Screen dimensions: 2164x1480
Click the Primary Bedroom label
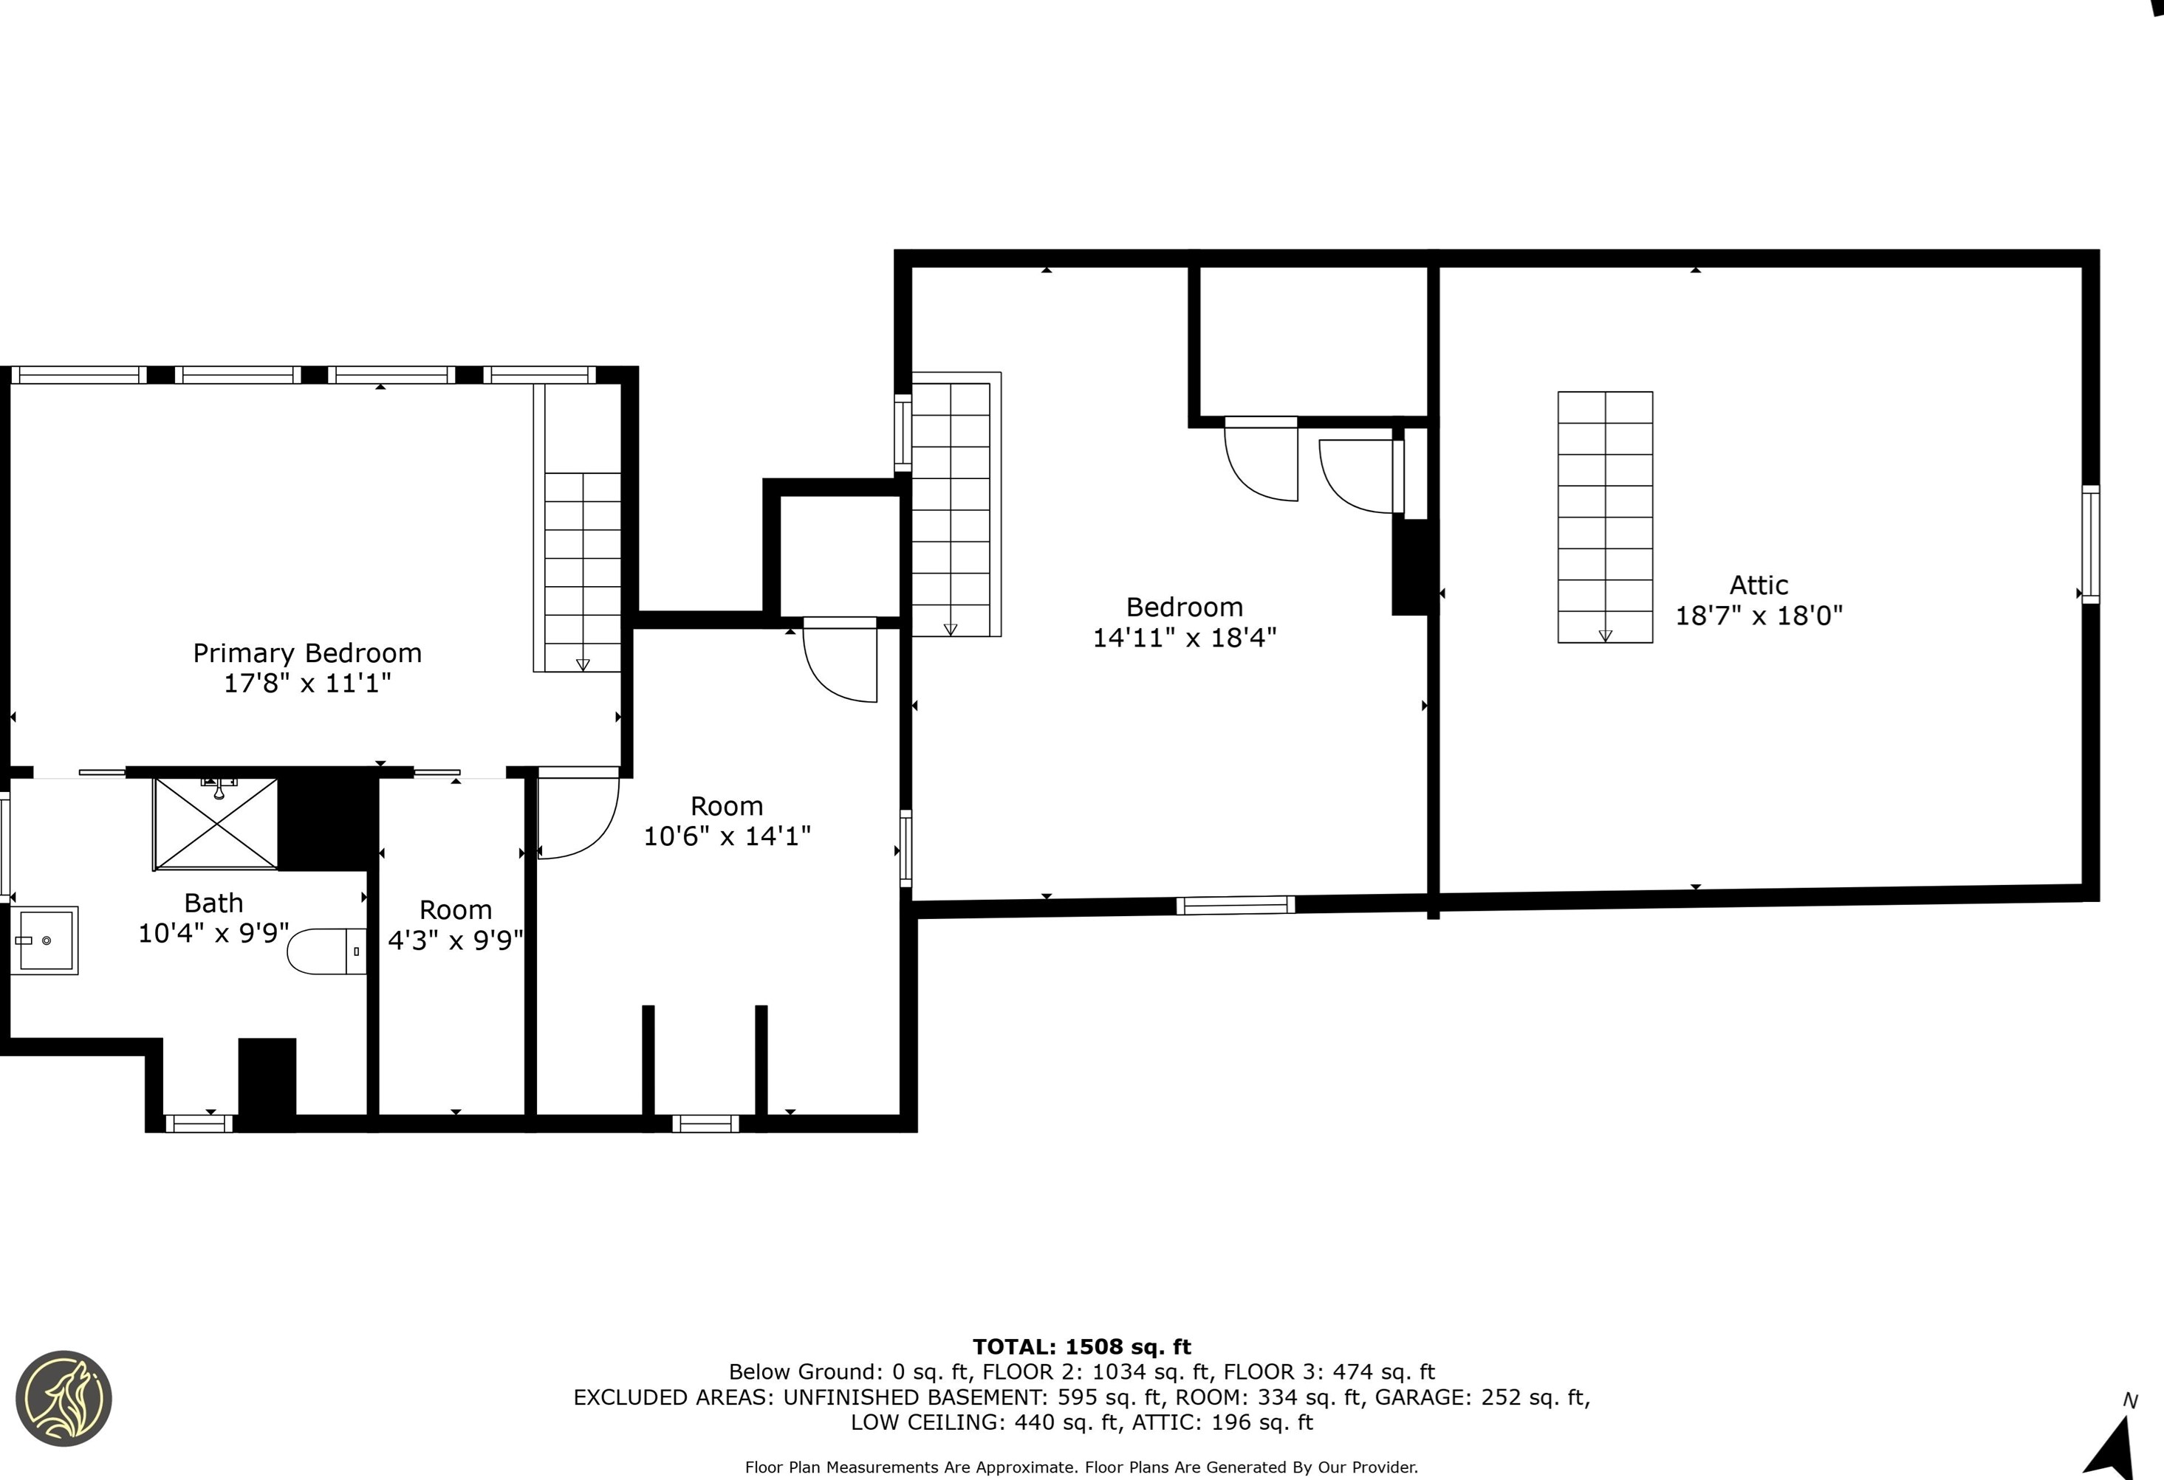coord(307,653)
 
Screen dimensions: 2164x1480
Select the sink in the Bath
coord(45,940)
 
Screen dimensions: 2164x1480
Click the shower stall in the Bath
coord(216,824)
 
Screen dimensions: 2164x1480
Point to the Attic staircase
coord(1606,517)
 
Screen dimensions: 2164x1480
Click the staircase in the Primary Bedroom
coord(578,528)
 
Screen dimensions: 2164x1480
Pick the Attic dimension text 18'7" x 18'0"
coord(1759,616)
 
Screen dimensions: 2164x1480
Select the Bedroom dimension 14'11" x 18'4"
coord(1185,638)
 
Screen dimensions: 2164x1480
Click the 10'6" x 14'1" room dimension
coord(727,836)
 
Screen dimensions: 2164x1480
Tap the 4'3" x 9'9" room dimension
coord(456,940)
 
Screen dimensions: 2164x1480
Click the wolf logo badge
coord(64,1398)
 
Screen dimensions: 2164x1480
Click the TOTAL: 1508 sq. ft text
coord(1082,1347)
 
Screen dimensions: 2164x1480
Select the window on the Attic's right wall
coord(2090,545)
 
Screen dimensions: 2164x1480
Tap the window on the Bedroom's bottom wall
coord(1236,905)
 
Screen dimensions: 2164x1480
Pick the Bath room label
coord(213,903)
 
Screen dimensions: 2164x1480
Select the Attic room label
coord(1759,585)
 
